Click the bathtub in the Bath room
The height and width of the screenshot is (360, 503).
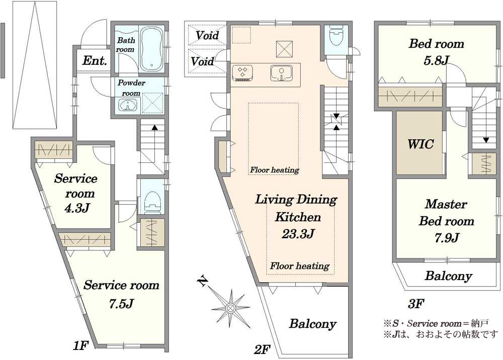click(152, 49)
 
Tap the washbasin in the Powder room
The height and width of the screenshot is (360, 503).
click(128, 105)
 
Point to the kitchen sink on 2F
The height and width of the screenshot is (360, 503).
click(281, 72)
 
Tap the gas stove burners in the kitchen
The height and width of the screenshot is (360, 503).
click(242, 72)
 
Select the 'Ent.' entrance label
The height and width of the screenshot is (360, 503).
click(95, 61)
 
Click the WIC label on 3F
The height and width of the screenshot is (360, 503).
click(421, 144)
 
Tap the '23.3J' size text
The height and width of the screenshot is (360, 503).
click(297, 234)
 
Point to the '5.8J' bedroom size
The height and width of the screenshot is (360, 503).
click(436, 60)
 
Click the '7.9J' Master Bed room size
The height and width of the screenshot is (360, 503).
click(446, 237)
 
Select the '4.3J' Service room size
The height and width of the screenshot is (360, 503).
click(76, 208)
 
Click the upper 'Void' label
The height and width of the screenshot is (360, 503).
click(207, 35)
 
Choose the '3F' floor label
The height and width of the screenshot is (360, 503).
click(416, 303)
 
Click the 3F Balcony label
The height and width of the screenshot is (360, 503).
click(449, 276)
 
